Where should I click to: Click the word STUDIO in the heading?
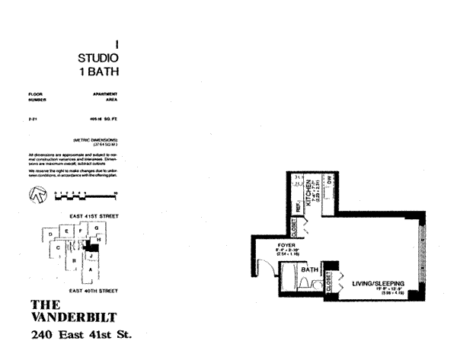(x=99, y=58)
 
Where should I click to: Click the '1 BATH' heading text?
(x=100, y=72)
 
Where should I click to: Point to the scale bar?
(x=85, y=196)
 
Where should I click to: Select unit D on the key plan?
(x=50, y=235)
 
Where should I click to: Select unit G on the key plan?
(x=95, y=228)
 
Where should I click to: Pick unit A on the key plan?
(x=91, y=269)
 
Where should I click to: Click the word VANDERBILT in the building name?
(x=75, y=317)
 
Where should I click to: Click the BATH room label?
(x=310, y=269)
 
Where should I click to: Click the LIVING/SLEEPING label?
(x=377, y=284)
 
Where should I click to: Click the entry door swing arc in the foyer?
(x=263, y=268)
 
